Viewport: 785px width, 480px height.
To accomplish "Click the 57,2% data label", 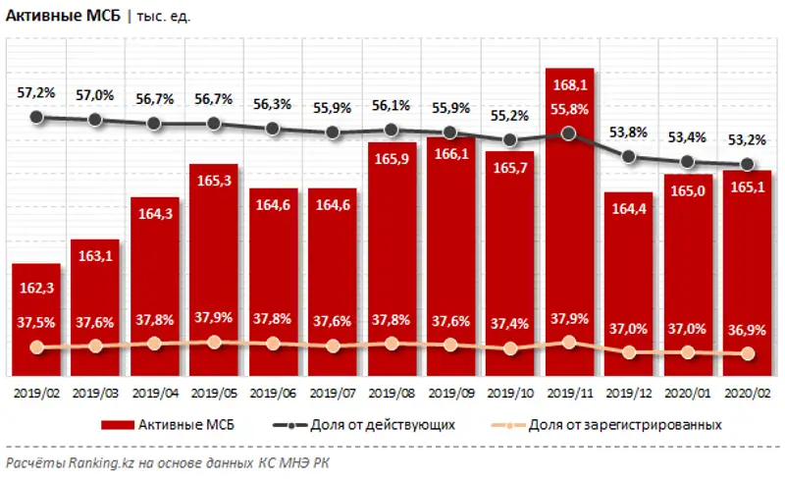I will coord(36,92).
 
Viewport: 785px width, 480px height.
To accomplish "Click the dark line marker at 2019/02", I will coord(37,117).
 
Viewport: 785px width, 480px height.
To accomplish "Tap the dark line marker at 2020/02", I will coord(747,164).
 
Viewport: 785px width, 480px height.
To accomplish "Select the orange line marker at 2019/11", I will coord(569,342).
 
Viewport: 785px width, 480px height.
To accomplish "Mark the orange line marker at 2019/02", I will coord(37,347).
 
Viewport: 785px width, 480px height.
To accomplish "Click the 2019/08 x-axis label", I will coord(392,392).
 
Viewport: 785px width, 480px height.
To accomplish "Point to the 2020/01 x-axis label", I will coord(687,392).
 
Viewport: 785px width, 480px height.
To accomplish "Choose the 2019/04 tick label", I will coord(155,392).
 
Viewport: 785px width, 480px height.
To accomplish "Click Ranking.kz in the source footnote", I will coord(94,462).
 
